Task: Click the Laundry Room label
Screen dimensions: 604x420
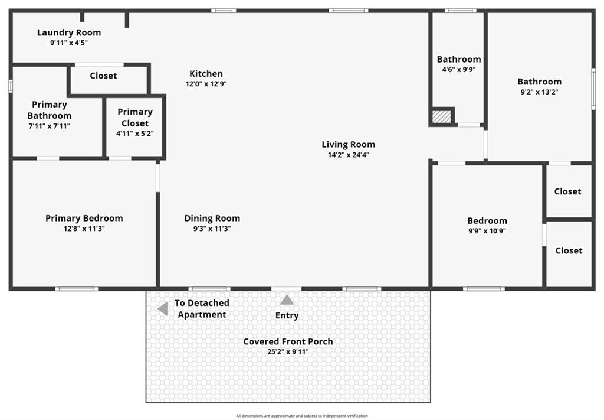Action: pyautogui.click(x=69, y=32)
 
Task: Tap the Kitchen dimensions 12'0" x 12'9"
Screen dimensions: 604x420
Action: pyautogui.click(x=206, y=84)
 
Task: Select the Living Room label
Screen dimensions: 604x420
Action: pyautogui.click(x=349, y=145)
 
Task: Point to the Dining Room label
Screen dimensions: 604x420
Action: pyautogui.click(x=212, y=219)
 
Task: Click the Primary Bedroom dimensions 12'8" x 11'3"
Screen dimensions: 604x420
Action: pyautogui.click(x=84, y=229)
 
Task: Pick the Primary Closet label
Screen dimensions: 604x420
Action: pyautogui.click(x=135, y=117)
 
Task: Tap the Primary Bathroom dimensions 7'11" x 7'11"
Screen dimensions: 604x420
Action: pyautogui.click(x=50, y=126)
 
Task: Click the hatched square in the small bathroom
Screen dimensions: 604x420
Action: pyautogui.click(x=441, y=117)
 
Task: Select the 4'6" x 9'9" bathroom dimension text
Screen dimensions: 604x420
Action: pyautogui.click(x=459, y=70)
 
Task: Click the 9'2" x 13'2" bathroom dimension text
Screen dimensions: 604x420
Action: pyautogui.click(x=539, y=92)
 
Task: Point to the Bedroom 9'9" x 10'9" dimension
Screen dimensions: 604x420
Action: pyautogui.click(x=487, y=231)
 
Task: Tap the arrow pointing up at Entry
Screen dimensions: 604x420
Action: pyautogui.click(x=287, y=300)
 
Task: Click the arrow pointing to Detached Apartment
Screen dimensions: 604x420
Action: pyautogui.click(x=163, y=308)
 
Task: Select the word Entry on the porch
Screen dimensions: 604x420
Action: pyautogui.click(x=287, y=315)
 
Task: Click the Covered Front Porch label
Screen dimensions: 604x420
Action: pyautogui.click(x=288, y=341)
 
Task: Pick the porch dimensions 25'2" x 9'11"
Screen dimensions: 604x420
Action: pyautogui.click(x=288, y=351)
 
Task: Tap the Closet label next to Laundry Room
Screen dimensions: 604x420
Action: pyautogui.click(x=104, y=76)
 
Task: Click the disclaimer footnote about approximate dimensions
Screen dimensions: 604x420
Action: pyautogui.click(x=302, y=416)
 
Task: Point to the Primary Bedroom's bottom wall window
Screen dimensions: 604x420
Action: pyautogui.click(x=76, y=289)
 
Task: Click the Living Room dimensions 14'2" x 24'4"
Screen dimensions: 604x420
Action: pyautogui.click(x=349, y=155)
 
